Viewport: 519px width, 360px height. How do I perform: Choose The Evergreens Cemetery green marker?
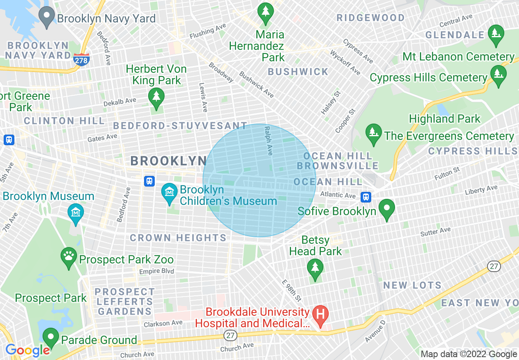pyautogui.click(x=373, y=134)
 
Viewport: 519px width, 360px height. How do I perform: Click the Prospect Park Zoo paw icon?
pyautogui.click(x=69, y=257)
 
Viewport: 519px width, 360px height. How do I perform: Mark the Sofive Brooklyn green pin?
pyautogui.click(x=387, y=209)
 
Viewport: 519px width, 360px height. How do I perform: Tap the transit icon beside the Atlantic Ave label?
pyautogui.click(x=366, y=197)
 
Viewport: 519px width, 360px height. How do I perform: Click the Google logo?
pyautogui.click(x=27, y=350)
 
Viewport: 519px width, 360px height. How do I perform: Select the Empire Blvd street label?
pyautogui.click(x=156, y=271)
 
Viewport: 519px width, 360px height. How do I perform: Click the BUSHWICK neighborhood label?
pyautogui.click(x=298, y=72)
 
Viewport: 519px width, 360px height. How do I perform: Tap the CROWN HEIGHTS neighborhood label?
pyautogui.click(x=178, y=238)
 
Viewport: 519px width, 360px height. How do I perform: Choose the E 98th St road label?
pyautogui.click(x=291, y=290)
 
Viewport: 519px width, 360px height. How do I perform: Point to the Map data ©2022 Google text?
pyautogui.click(x=469, y=354)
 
